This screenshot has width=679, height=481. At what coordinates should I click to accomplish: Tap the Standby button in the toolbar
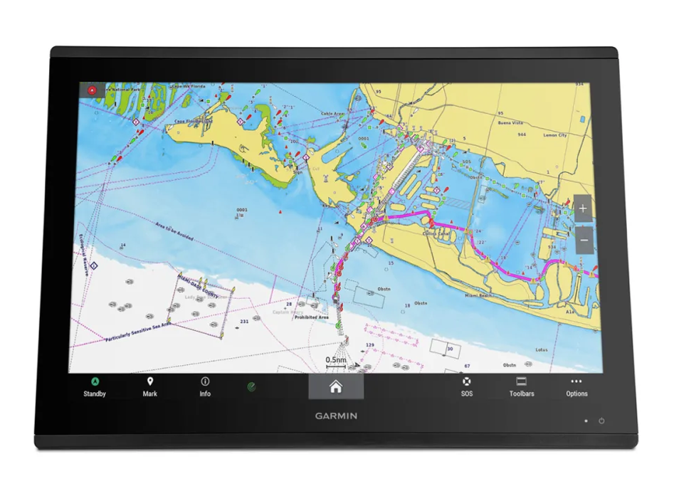click(x=95, y=387)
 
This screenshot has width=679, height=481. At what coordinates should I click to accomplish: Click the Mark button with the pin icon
click(x=150, y=387)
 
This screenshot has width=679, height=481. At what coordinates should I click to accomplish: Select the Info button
click(x=205, y=387)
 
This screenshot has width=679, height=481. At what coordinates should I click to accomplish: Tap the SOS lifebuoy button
click(x=466, y=387)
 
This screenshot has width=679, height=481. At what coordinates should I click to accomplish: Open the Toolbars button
click(x=521, y=387)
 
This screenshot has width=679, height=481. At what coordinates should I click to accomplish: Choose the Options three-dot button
click(x=577, y=387)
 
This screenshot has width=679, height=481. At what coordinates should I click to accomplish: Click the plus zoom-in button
click(x=583, y=208)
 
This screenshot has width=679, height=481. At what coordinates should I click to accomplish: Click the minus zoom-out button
click(x=583, y=240)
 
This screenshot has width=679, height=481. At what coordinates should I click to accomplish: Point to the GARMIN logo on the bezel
click(x=337, y=416)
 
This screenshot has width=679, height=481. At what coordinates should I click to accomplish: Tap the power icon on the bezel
click(x=601, y=421)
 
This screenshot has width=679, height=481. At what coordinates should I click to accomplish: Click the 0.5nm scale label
click(x=336, y=360)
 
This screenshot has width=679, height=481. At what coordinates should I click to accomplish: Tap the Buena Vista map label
click(x=510, y=122)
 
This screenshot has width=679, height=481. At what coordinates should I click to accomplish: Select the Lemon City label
click(x=555, y=134)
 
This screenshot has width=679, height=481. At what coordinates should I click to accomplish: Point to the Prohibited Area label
click(x=313, y=317)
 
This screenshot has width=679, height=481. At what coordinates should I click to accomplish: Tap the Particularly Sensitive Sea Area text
click(x=138, y=332)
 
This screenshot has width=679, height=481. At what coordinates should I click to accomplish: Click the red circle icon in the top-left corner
click(x=91, y=90)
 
